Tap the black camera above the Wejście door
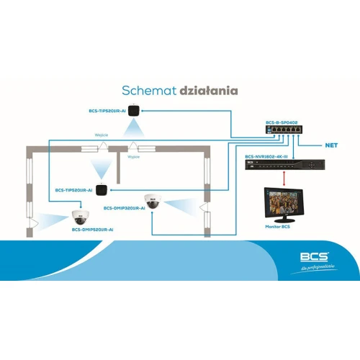pos(133,111)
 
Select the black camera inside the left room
pos(102,190)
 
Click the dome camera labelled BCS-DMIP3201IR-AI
pos(152,201)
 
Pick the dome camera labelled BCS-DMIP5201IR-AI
pos(80,216)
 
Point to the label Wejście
pos(102,134)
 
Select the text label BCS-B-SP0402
pos(280,122)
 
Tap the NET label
pos(331,145)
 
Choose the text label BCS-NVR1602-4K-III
pos(266,156)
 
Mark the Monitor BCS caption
pos(277,227)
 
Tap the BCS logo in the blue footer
pos(315,256)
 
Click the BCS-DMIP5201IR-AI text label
pos(92,229)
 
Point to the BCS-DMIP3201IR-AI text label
pos(124,208)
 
